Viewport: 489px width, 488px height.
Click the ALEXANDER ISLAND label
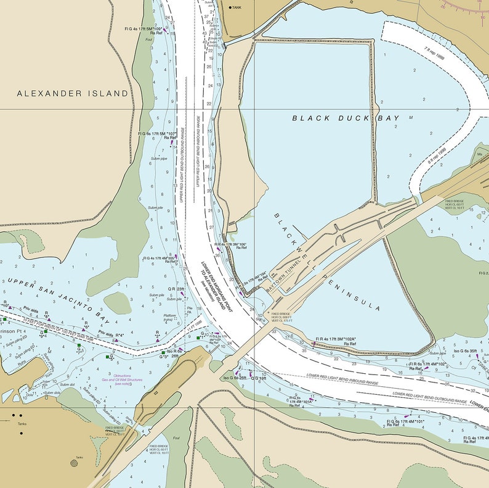(73, 93)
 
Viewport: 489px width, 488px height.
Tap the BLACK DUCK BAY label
(346, 118)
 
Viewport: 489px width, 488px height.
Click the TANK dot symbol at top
(230, 7)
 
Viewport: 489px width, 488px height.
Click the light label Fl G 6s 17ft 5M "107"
(157, 133)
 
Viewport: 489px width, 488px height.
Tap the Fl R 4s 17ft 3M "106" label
(230, 245)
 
